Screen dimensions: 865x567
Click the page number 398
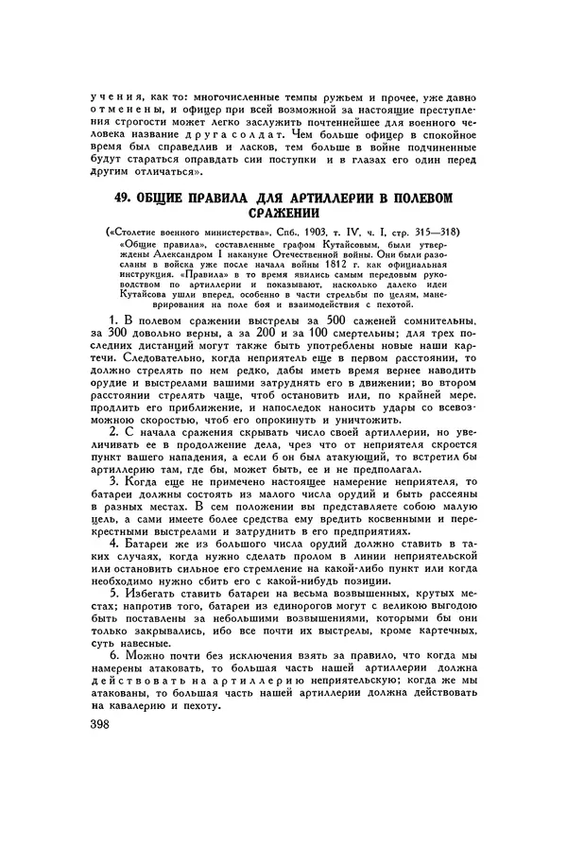[95, 724]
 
